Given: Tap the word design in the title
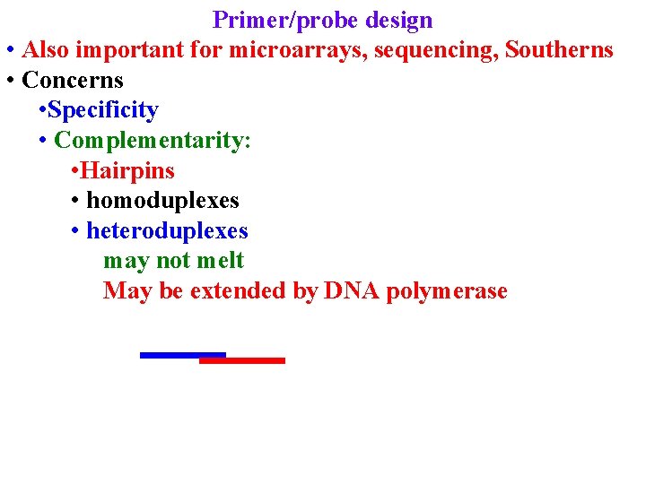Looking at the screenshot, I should (399, 21).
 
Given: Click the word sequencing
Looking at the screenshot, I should (435, 51).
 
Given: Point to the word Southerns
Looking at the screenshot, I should (559, 50).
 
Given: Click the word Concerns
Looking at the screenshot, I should (73, 80).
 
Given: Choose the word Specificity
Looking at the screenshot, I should (103, 110).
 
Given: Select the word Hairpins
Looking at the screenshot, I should (127, 170).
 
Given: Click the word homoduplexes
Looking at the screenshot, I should (162, 201).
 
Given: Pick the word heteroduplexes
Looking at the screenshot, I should (167, 230).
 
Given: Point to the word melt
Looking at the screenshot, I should (220, 261).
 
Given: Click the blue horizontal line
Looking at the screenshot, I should (170, 355).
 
